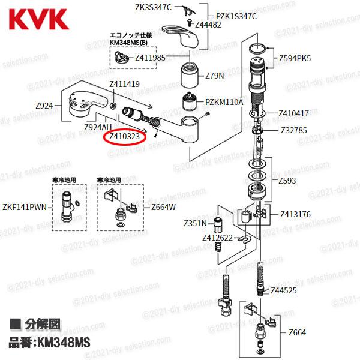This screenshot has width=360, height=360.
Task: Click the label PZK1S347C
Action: tap(236, 16)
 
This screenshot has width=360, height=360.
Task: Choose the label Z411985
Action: tap(150, 58)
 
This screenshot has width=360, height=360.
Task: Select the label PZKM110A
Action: tap(224, 103)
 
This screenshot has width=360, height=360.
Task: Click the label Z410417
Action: tap(294, 113)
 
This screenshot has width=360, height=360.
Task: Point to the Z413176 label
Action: tap(295, 214)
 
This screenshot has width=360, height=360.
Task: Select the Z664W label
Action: tap(163, 208)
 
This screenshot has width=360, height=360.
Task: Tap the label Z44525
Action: tap(284, 290)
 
